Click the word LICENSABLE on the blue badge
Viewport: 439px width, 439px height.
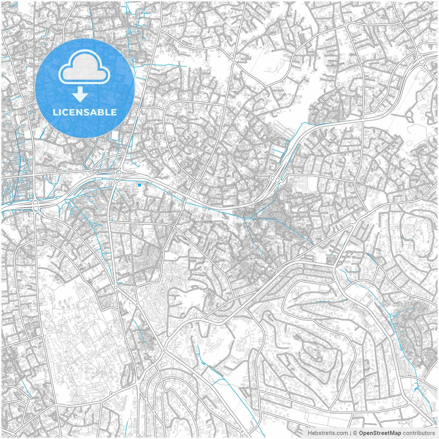pos(85,112)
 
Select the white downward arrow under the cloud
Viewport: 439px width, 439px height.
pos(80,94)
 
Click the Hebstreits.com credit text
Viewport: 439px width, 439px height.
pos(328,433)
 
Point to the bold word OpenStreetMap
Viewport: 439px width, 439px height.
pos(380,433)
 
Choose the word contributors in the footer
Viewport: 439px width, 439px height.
pos(419,433)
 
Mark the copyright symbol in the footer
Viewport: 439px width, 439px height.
pos(355,433)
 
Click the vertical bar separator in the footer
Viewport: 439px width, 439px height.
pos(351,433)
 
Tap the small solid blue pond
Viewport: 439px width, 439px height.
pos(139,185)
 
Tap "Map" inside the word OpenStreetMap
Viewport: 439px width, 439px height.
pos(395,433)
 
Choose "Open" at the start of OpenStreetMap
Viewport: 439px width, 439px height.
pos(365,433)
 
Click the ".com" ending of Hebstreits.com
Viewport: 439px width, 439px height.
pos(342,433)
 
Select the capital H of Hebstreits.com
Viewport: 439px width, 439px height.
pos(310,433)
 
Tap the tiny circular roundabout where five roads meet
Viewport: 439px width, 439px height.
pos(164,351)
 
